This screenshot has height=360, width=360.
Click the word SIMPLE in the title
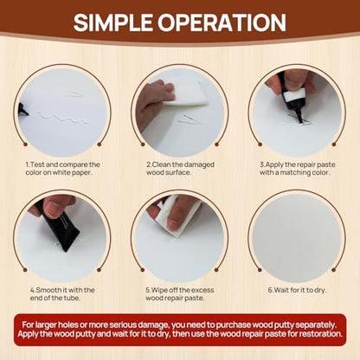click(x=112, y=22)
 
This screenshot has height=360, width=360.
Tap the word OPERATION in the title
click(x=222, y=22)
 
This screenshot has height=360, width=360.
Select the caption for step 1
click(x=62, y=169)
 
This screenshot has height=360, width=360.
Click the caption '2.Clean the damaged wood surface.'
click(x=180, y=169)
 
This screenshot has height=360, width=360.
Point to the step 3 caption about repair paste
click(x=297, y=169)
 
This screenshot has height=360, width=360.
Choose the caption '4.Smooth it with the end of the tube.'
click(x=62, y=294)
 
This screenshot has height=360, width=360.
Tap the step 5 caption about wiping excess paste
click(x=180, y=294)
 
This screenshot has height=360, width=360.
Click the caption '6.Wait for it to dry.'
click(x=297, y=290)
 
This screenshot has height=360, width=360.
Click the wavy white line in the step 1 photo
click(x=59, y=118)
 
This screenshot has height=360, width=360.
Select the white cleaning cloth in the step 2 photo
click(x=186, y=93)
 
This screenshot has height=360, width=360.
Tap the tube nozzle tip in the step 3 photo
click(x=301, y=120)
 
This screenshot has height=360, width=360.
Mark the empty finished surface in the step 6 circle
click(x=297, y=237)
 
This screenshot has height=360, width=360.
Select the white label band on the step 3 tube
click(x=293, y=95)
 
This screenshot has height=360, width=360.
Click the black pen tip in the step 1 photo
click(x=23, y=110)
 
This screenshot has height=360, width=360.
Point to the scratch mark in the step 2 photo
click(x=188, y=119)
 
